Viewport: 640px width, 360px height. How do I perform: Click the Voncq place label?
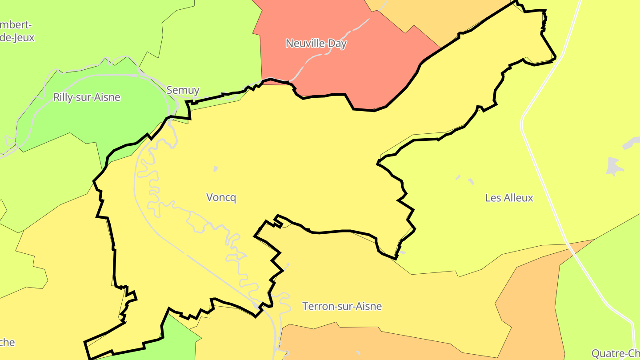(221, 197)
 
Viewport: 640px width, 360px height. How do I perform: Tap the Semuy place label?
(183, 90)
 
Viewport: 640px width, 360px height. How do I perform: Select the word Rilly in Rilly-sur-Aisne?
(63, 97)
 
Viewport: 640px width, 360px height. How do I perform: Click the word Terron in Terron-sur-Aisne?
(316, 306)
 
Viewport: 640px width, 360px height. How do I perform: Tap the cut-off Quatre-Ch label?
(616, 353)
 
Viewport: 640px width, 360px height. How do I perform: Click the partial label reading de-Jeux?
(17, 38)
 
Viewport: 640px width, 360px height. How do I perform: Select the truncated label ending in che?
(7, 342)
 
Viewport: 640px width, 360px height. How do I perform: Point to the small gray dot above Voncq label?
(216, 169)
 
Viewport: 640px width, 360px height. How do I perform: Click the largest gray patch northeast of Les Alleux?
(614, 167)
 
